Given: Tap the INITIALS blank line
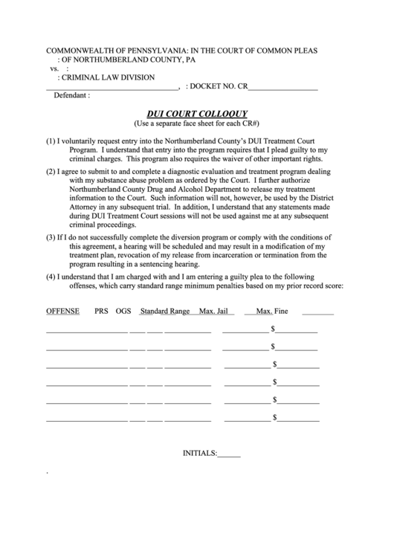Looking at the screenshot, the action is point(230,453).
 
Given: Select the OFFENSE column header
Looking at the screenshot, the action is point(63,311).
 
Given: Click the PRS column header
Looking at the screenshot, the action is point(101,311).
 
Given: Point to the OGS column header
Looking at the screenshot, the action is point(123,311).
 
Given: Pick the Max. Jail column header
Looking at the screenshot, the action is point(213,311).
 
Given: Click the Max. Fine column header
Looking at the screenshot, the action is point(271,311).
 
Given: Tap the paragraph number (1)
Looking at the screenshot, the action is point(51,141).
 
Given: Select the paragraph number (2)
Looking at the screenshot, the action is point(51,172).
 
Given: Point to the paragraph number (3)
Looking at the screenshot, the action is point(51,236).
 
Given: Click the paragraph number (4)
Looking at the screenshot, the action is point(51,277).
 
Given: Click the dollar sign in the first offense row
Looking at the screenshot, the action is point(274,329).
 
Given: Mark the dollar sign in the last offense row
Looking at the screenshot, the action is point(275,419).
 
